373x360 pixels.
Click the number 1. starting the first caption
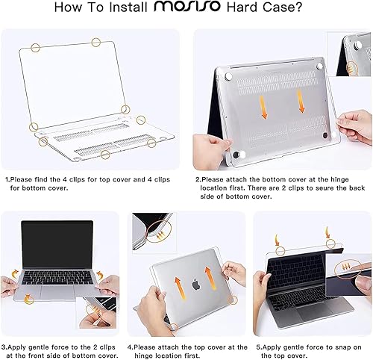pyautogui.click(x=7, y=179)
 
